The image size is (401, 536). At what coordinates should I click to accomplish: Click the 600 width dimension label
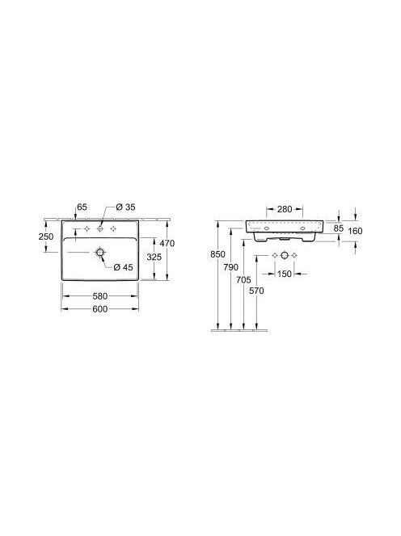[100, 309]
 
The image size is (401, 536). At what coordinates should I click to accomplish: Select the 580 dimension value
[100, 296]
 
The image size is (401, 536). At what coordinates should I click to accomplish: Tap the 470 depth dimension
[167, 244]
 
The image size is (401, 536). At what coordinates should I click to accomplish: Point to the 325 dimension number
[154, 257]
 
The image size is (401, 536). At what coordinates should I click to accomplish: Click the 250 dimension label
[46, 237]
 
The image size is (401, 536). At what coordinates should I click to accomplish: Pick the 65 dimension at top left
[82, 207]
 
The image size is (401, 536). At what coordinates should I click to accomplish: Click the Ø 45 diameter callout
[123, 267]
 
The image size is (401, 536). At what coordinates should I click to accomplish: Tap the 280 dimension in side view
[285, 209]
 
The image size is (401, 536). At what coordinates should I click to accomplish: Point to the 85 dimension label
[338, 228]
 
